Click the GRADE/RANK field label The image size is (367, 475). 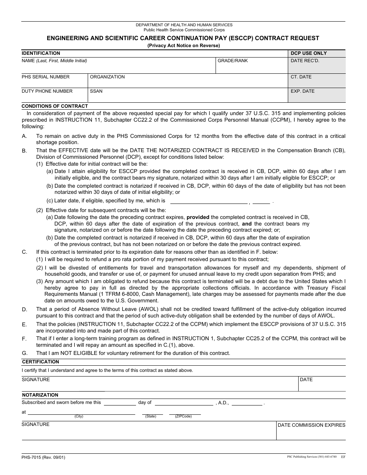click(x=233, y=61)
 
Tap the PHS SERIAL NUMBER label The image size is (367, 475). click(x=46, y=77)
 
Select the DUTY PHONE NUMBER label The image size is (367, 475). click(x=47, y=91)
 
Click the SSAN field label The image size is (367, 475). click(x=96, y=91)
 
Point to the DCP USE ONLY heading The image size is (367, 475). click(x=308, y=53)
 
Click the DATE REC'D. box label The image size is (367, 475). click(x=305, y=61)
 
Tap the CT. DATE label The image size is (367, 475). click(x=301, y=77)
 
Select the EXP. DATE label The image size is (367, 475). click(x=302, y=91)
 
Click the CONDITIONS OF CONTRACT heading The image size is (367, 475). click(x=54, y=106)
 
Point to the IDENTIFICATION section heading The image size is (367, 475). click(x=41, y=53)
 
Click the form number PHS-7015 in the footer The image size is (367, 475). click(x=43, y=458)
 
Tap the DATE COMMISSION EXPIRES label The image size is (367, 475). click(x=311, y=425)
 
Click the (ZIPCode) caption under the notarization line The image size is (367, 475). click(x=183, y=416)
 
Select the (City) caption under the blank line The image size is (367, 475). click(x=79, y=416)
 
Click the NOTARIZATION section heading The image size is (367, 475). click(x=40, y=395)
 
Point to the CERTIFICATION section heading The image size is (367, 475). click(x=41, y=362)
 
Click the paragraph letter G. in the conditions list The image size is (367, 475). click(x=25, y=353)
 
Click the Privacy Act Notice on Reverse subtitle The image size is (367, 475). click(x=183, y=46)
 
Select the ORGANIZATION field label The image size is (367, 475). click(x=107, y=77)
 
